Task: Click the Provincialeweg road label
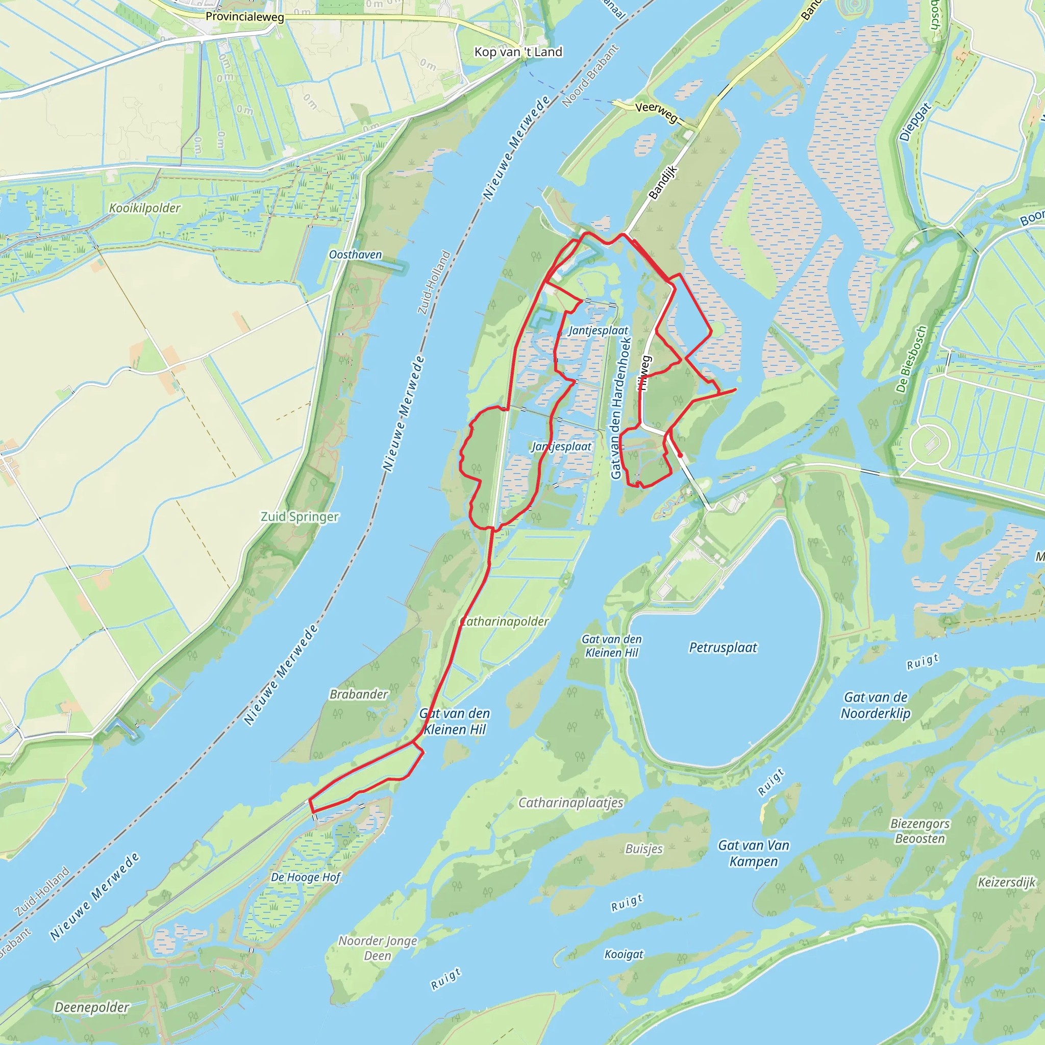tap(244, 17)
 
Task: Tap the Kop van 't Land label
tap(518, 52)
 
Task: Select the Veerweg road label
tap(656, 111)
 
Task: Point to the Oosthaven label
tap(355, 255)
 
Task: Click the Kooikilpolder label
tap(144, 208)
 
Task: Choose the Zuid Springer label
tap(300, 516)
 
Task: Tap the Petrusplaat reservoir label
tap(723, 648)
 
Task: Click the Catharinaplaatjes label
tap(570, 803)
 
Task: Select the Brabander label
tap(359, 694)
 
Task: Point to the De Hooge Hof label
tap(306, 877)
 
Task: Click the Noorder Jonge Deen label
tap(378, 948)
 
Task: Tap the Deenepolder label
tap(92, 1007)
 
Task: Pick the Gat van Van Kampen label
tap(754, 853)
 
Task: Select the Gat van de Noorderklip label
tap(875, 705)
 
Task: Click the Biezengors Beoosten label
tap(919, 831)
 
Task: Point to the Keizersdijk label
tap(1006, 882)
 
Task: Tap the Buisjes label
tap(643, 849)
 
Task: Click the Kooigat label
tap(624, 954)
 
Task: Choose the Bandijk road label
tap(663, 182)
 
